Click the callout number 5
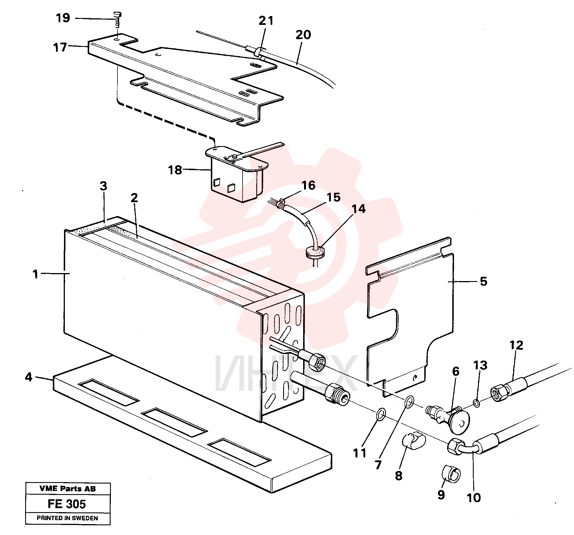[484, 281]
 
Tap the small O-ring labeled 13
[477, 403]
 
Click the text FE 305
[67, 504]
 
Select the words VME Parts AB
[67, 488]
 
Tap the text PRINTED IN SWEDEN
[67, 518]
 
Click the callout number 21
[266, 21]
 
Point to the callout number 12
[516, 345]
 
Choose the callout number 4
[29, 377]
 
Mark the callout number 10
[474, 498]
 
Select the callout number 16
[308, 185]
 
